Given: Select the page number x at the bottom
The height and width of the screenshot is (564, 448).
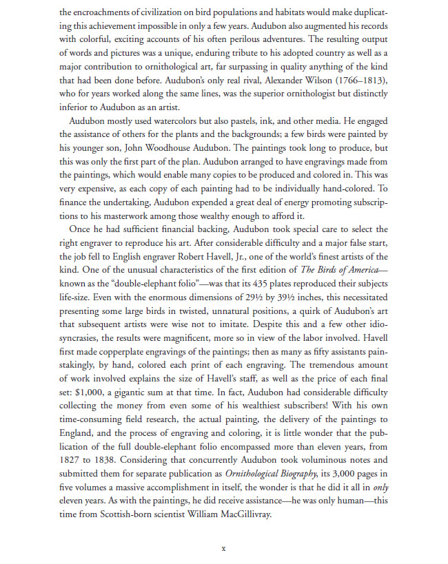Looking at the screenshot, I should pyautogui.click(x=223, y=549).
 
